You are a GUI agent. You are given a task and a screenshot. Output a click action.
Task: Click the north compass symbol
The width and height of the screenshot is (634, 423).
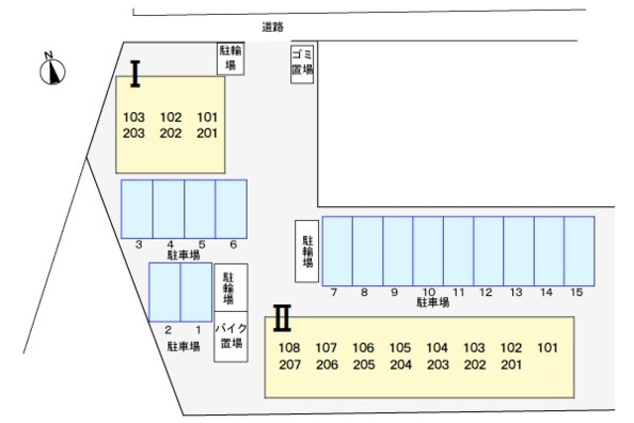pos(53,68)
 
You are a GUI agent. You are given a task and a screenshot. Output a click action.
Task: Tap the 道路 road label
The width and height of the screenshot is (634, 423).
pos(272,27)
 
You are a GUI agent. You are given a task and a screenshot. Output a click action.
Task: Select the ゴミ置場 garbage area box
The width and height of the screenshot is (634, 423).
pos(302,63)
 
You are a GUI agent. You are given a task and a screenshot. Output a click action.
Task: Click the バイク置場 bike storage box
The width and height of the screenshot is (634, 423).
pos(231,337)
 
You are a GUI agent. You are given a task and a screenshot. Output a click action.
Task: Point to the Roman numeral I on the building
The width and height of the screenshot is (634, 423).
pos(135,73)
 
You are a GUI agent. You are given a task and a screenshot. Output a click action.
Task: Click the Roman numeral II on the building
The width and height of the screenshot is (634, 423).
pos(282,318)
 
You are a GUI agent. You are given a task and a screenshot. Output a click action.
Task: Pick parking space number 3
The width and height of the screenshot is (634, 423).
pos(137,209)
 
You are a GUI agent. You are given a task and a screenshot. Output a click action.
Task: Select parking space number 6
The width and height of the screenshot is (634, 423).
pos(231,209)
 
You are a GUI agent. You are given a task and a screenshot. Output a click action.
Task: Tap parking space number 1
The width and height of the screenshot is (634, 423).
pos(196,292)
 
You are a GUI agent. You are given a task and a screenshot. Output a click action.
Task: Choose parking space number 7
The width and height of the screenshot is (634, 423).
pos(337,252)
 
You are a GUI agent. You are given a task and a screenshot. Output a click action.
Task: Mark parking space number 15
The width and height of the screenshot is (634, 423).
pos(580,252)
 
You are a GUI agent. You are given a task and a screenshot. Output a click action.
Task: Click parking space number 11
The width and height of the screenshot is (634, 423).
pos(459,252)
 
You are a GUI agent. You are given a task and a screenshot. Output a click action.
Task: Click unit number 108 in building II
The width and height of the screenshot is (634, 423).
pos(289,348)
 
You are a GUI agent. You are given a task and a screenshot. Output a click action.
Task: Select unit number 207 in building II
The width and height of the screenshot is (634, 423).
pos(289,365)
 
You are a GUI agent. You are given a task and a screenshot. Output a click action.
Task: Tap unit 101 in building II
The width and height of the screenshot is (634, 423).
pos(548,348)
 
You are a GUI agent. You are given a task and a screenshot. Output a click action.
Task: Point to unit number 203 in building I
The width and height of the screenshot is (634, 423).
pos(134,133)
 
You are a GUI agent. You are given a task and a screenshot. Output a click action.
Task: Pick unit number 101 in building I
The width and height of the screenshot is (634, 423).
pos(207,117)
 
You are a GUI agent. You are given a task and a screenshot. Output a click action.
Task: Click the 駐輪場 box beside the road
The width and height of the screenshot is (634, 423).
pos(231,58)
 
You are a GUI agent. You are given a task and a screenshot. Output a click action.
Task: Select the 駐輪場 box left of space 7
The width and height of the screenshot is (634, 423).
pos(307,251)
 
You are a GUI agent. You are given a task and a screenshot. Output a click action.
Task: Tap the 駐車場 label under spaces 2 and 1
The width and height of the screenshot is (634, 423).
pos(183,347)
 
